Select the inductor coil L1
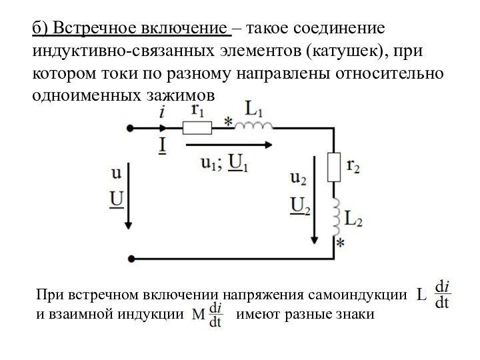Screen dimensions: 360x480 pyautogui.click(x=257, y=125)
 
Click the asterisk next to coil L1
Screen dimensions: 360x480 pyautogui.click(x=229, y=122)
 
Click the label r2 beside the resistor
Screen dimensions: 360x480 pyautogui.click(x=353, y=167)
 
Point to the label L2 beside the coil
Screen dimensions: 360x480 pyautogui.click(x=353, y=217)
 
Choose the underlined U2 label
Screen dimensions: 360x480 pyautogui.click(x=300, y=206)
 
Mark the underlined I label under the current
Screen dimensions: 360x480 pyautogui.click(x=162, y=145)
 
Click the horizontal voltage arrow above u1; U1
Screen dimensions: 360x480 pyautogui.click(x=227, y=144)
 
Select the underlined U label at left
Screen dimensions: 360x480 pyautogui.click(x=116, y=199)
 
